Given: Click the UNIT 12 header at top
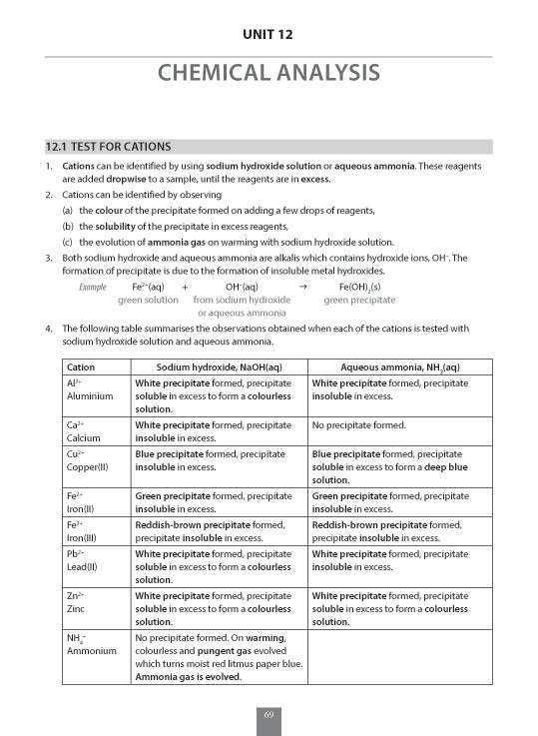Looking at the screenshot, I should (x=269, y=36).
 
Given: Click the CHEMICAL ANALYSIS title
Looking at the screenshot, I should (x=269, y=73).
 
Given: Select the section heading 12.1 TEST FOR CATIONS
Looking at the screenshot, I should (x=101, y=146).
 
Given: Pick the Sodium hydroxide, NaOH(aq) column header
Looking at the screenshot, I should (x=219, y=367).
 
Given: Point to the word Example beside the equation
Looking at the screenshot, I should (x=93, y=287).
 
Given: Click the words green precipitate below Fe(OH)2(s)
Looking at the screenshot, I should (x=359, y=300).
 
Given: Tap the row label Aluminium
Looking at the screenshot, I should (x=87, y=396).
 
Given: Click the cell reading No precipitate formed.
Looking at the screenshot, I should (x=359, y=424).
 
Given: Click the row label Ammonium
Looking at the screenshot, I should (x=91, y=650).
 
